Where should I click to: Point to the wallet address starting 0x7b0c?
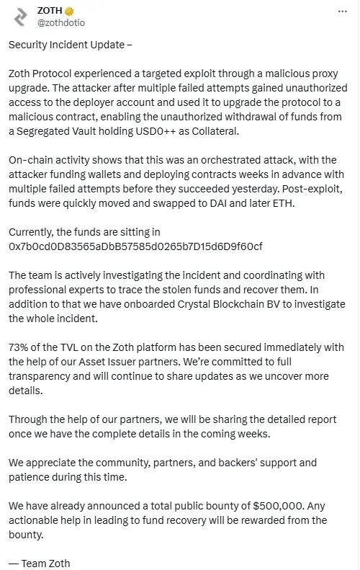(135, 246)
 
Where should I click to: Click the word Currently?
(31, 232)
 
